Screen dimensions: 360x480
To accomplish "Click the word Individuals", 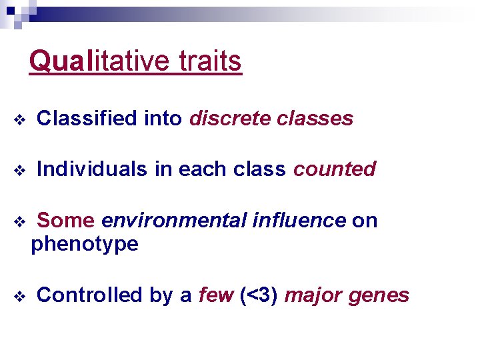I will point(92,169).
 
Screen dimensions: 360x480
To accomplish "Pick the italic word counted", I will point(335,169).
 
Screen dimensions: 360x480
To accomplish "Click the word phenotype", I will point(85,245).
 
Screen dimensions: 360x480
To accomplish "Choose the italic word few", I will point(216,295).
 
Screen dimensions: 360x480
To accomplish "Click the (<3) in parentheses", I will point(259,295).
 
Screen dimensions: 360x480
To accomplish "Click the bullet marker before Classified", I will point(19,120).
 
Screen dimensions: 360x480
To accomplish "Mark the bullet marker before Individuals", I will point(19,171).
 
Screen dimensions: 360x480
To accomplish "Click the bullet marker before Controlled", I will point(19,296).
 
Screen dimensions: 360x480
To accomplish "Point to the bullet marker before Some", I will point(19,221).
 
